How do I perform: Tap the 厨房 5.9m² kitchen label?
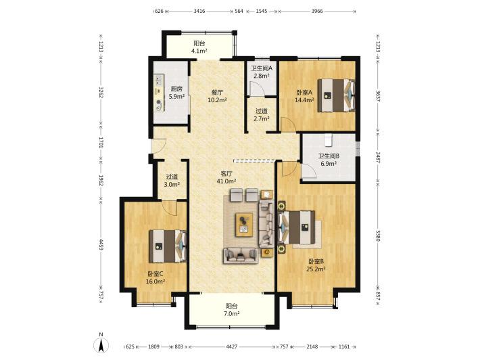coord(176,93)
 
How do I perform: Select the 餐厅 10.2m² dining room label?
coord(217,96)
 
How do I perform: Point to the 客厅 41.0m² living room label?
coord(226,177)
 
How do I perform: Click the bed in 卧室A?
coord(336,95)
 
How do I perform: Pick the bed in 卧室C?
coord(168,246)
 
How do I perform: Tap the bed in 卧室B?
coord(296,227)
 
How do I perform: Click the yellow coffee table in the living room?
coord(244,225)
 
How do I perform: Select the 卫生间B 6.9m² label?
coord(329,160)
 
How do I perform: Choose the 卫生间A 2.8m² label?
coord(262,72)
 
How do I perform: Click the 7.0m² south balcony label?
coord(232,310)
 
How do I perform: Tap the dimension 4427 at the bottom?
coord(232,346)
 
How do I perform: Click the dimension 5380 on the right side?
coord(378,235)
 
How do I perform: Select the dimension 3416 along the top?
coord(199,12)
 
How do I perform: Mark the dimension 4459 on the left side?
coord(101,244)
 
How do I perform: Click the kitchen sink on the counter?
coord(159,81)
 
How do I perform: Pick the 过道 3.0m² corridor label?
coord(172,181)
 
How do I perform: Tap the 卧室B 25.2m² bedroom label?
coord(316,265)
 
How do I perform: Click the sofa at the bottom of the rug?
coord(241,256)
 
